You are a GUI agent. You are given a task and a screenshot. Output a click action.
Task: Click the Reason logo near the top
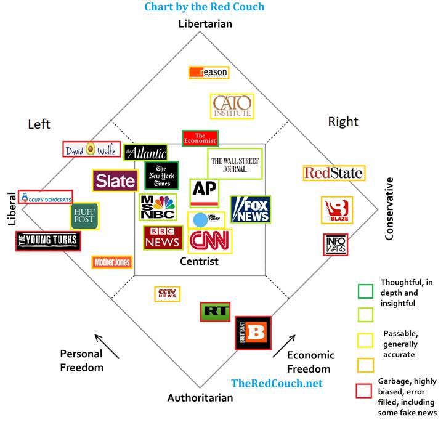[x=209, y=72]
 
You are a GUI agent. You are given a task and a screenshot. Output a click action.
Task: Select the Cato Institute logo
[x=232, y=107]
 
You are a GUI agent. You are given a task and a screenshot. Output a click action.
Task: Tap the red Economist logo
[x=200, y=138]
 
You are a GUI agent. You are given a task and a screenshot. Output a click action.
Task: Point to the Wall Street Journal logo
[x=235, y=164]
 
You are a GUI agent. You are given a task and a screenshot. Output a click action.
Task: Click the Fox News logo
[x=251, y=209]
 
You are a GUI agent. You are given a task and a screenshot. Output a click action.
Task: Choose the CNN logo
[x=210, y=241]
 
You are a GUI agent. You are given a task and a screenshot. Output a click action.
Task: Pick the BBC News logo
[x=163, y=237]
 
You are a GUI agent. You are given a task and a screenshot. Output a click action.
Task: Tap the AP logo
[x=205, y=193]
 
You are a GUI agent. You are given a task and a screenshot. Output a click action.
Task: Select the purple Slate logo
[x=115, y=181]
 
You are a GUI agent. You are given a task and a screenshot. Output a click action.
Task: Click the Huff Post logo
[x=84, y=216]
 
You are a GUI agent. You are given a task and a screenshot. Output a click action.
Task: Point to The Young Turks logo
[x=48, y=241]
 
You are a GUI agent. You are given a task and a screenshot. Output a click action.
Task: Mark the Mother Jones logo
[x=112, y=262]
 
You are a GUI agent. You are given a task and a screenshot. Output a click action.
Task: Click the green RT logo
[x=216, y=312]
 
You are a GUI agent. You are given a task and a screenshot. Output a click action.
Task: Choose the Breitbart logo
[x=254, y=333]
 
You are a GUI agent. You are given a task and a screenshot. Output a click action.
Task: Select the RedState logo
[x=333, y=173]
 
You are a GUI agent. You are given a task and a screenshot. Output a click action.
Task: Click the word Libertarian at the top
[x=205, y=24]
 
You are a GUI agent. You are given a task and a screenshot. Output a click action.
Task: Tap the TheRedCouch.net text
[x=277, y=383]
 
